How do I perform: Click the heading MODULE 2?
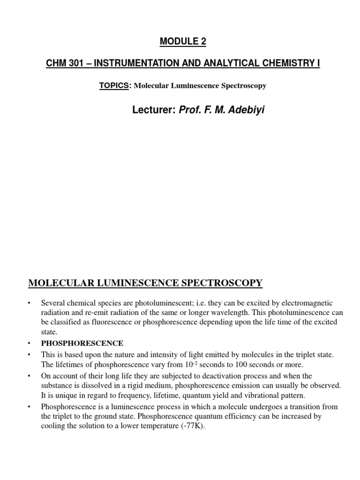[x=183, y=42]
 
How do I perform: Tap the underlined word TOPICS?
[x=113, y=86]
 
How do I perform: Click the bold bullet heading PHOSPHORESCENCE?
[x=82, y=343]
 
